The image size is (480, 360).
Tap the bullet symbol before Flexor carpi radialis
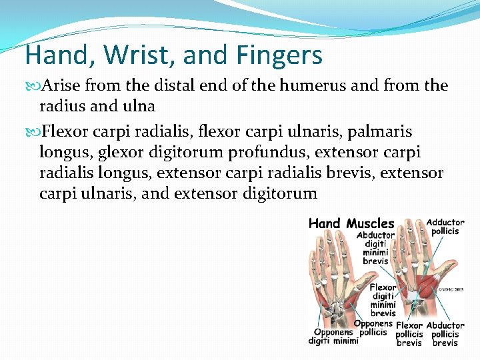33,131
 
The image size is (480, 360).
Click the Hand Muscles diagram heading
351,224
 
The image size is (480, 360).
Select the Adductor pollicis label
445,227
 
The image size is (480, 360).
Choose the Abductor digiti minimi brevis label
375,248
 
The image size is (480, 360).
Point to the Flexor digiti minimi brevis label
383,300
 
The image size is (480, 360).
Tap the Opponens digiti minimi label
333,337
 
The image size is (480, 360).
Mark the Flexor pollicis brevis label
409,335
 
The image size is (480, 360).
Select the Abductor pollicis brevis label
445,335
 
